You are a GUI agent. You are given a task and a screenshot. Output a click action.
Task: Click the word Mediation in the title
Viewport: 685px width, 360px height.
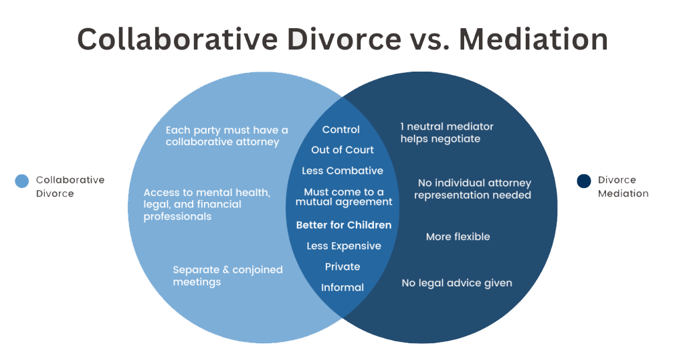click(x=533, y=39)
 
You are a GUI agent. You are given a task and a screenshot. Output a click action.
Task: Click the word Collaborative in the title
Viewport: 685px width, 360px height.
click(x=178, y=39)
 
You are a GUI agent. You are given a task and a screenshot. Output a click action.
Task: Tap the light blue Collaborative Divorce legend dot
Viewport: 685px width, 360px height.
click(x=22, y=181)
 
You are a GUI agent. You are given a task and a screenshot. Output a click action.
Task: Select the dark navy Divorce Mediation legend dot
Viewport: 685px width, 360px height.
click(x=583, y=181)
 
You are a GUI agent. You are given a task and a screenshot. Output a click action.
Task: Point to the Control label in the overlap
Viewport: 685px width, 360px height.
click(x=340, y=130)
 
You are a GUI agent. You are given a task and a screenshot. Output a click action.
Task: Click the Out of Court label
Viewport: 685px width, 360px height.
click(x=342, y=150)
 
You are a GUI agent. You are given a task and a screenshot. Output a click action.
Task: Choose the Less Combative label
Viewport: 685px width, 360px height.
click(x=342, y=171)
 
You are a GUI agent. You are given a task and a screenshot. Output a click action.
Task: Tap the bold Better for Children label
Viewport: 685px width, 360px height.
click(x=344, y=225)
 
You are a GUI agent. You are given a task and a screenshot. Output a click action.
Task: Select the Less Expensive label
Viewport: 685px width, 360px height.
click(x=344, y=246)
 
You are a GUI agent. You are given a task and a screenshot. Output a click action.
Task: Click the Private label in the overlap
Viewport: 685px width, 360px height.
click(x=342, y=266)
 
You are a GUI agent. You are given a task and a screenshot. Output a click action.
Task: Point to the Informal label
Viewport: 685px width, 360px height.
click(x=342, y=288)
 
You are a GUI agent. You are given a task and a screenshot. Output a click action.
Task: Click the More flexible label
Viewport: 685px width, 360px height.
click(x=458, y=237)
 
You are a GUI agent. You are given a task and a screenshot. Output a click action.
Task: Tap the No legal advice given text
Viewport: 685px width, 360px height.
click(x=457, y=283)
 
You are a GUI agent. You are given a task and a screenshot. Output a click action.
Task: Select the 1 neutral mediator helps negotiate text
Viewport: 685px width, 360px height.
click(x=447, y=132)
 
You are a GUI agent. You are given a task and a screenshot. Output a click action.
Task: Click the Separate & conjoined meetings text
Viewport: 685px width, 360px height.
click(x=227, y=276)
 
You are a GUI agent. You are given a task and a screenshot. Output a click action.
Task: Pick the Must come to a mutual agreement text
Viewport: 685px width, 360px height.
click(x=344, y=197)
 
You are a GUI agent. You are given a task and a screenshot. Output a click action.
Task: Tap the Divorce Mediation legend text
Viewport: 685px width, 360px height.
click(x=623, y=187)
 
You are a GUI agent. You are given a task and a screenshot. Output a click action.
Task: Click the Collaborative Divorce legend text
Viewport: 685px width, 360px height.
click(x=70, y=187)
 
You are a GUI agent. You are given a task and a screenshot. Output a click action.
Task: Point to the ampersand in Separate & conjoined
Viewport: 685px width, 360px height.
click(x=225, y=270)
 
